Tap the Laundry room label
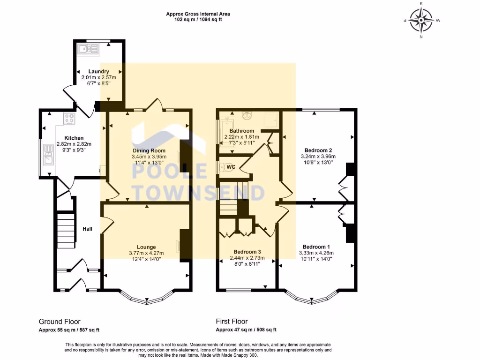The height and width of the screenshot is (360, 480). click(98, 71)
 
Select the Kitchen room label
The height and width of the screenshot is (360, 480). click(74, 138)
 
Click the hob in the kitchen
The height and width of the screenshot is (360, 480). click(69, 119)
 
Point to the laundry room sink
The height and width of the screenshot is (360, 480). click(88, 49)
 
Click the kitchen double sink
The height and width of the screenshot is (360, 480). click(48, 155)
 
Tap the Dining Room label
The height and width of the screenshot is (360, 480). click(149, 150)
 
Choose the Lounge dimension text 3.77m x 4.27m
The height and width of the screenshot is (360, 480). click(146, 253)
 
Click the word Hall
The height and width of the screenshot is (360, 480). click(87, 229)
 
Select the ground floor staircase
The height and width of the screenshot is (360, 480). click(66, 231)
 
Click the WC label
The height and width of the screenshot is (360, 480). click(231, 167)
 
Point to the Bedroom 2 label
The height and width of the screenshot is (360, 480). click(318, 150)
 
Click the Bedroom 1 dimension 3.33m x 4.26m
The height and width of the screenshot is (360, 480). click(316, 253)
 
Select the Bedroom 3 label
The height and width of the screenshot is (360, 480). click(247, 252)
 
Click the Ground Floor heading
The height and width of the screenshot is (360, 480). click(60, 322)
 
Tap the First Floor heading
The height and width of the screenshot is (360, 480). click(232, 322)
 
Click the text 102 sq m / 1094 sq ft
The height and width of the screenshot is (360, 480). click(198, 20)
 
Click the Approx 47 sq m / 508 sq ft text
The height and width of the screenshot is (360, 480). click(246, 330)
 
